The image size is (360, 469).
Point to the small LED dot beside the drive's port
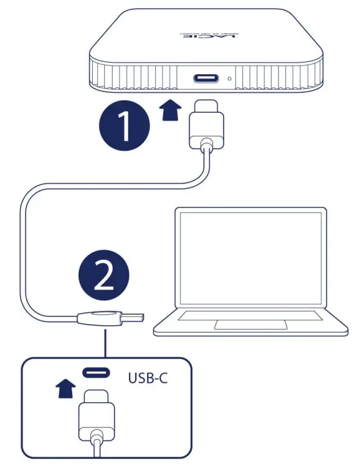(x=231, y=79)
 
